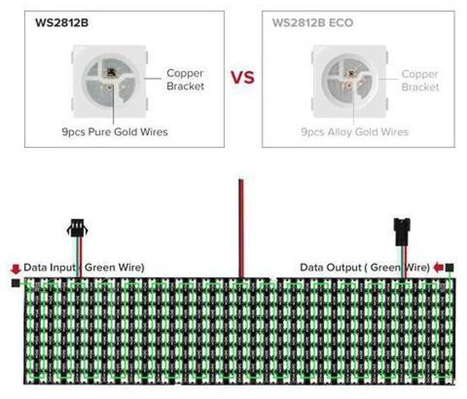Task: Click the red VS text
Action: click(x=243, y=77)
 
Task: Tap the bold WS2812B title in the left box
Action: click(x=61, y=23)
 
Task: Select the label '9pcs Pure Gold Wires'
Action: click(x=115, y=131)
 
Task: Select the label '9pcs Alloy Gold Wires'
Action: click(x=355, y=131)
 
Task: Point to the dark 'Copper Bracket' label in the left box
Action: click(x=185, y=80)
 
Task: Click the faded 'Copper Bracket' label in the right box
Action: click(x=420, y=80)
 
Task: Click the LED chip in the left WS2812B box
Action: click(x=109, y=81)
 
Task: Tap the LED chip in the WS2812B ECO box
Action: click(x=350, y=81)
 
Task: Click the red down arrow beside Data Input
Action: click(x=15, y=269)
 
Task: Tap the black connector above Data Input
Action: click(x=77, y=228)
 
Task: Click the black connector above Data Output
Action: click(x=402, y=232)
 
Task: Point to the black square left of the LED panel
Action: click(x=15, y=283)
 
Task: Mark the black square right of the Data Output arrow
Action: click(x=449, y=268)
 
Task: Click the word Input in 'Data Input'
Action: click(x=62, y=268)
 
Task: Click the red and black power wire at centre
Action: click(x=242, y=228)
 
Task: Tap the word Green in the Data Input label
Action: click(x=100, y=267)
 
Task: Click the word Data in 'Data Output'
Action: click(x=314, y=268)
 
